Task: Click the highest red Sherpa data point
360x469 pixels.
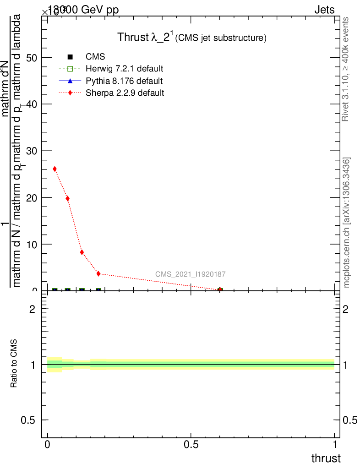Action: tap(55, 169)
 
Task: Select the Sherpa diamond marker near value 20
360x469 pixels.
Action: tap(68, 198)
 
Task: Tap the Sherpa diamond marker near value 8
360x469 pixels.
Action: tap(82, 252)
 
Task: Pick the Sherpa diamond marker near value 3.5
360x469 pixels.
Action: tap(98, 273)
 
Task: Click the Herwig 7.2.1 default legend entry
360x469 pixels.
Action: tap(124, 69)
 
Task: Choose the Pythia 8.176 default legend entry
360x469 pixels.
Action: tap(124, 81)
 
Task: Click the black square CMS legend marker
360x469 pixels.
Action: tap(70, 57)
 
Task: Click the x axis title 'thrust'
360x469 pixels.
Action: tap(326, 458)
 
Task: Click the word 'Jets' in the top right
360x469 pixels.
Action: tap(324, 10)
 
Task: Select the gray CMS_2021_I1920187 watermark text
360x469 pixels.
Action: tap(190, 274)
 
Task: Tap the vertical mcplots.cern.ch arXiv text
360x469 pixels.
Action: tap(347, 223)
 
